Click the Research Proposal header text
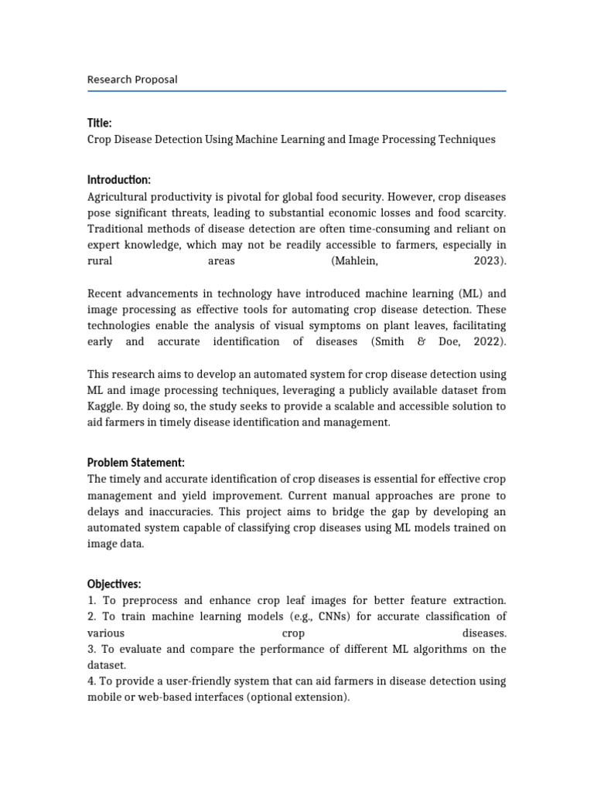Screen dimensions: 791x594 (132, 80)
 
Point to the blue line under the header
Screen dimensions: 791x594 (297, 91)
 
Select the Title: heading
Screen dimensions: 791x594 (100, 123)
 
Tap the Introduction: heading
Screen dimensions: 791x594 (119, 180)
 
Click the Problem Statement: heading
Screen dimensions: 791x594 (136, 463)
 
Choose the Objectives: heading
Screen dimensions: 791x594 (114, 583)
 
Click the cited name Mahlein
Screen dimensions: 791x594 (356, 261)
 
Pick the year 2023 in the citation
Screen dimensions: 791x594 (490, 261)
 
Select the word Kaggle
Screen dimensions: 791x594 (104, 406)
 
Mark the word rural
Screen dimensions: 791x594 (100, 261)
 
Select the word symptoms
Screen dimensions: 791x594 (344, 325)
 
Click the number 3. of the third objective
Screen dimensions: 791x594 (92, 649)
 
